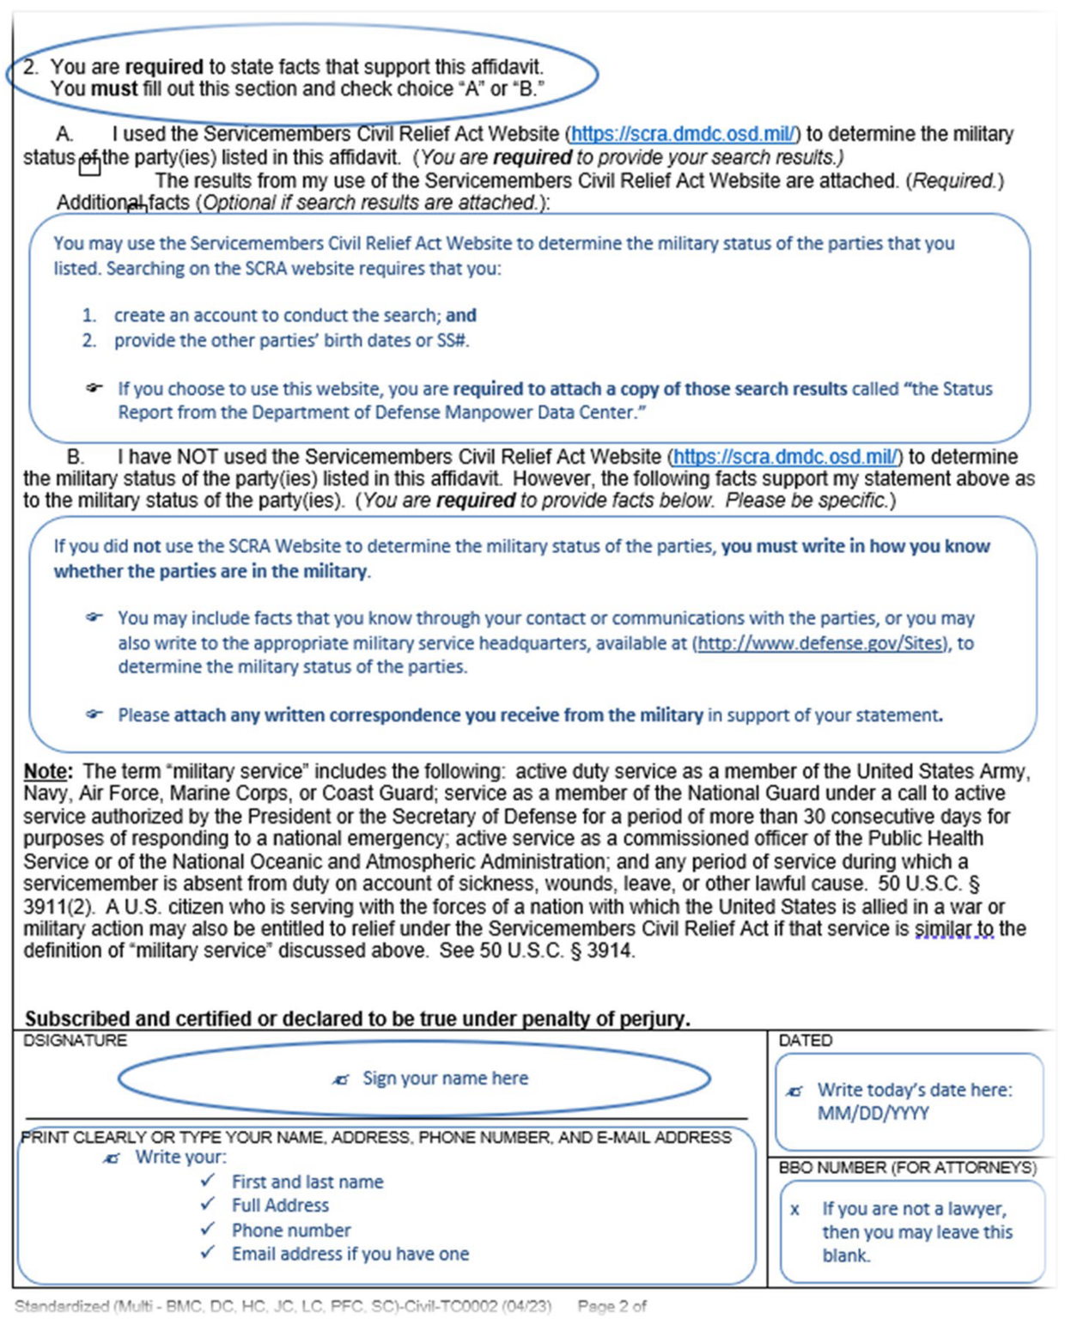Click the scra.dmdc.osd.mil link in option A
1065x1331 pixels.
click(685, 135)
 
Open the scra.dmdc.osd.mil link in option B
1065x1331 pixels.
click(786, 457)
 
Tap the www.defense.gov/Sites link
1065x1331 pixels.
click(820, 643)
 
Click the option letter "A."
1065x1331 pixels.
click(64, 135)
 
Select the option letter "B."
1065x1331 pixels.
click(76, 457)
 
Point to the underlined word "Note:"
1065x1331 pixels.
click(48, 771)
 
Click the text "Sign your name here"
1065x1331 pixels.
click(445, 1079)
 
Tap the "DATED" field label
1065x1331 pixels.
click(805, 1041)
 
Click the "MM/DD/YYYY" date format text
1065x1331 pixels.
click(873, 1114)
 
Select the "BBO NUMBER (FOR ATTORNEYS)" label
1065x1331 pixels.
click(907, 1168)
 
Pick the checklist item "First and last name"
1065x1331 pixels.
click(307, 1182)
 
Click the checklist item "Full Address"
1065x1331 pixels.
click(280, 1206)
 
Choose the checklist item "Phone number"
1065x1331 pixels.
click(291, 1231)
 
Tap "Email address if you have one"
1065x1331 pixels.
click(350, 1255)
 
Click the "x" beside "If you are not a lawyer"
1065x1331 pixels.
click(794, 1210)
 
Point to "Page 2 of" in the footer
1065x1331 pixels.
click(612, 1306)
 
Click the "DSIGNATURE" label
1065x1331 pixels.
click(75, 1041)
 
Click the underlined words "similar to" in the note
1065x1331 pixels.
click(953, 929)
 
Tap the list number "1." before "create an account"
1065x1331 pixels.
click(89, 316)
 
